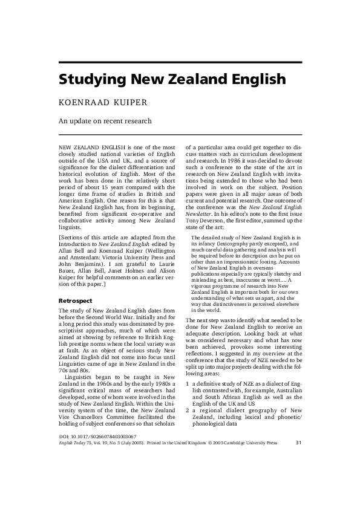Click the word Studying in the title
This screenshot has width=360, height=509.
[90, 80]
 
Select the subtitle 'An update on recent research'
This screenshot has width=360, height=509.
[105, 121]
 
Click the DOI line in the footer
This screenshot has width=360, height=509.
[97, 470]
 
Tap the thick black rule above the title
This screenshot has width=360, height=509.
[180, 62]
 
